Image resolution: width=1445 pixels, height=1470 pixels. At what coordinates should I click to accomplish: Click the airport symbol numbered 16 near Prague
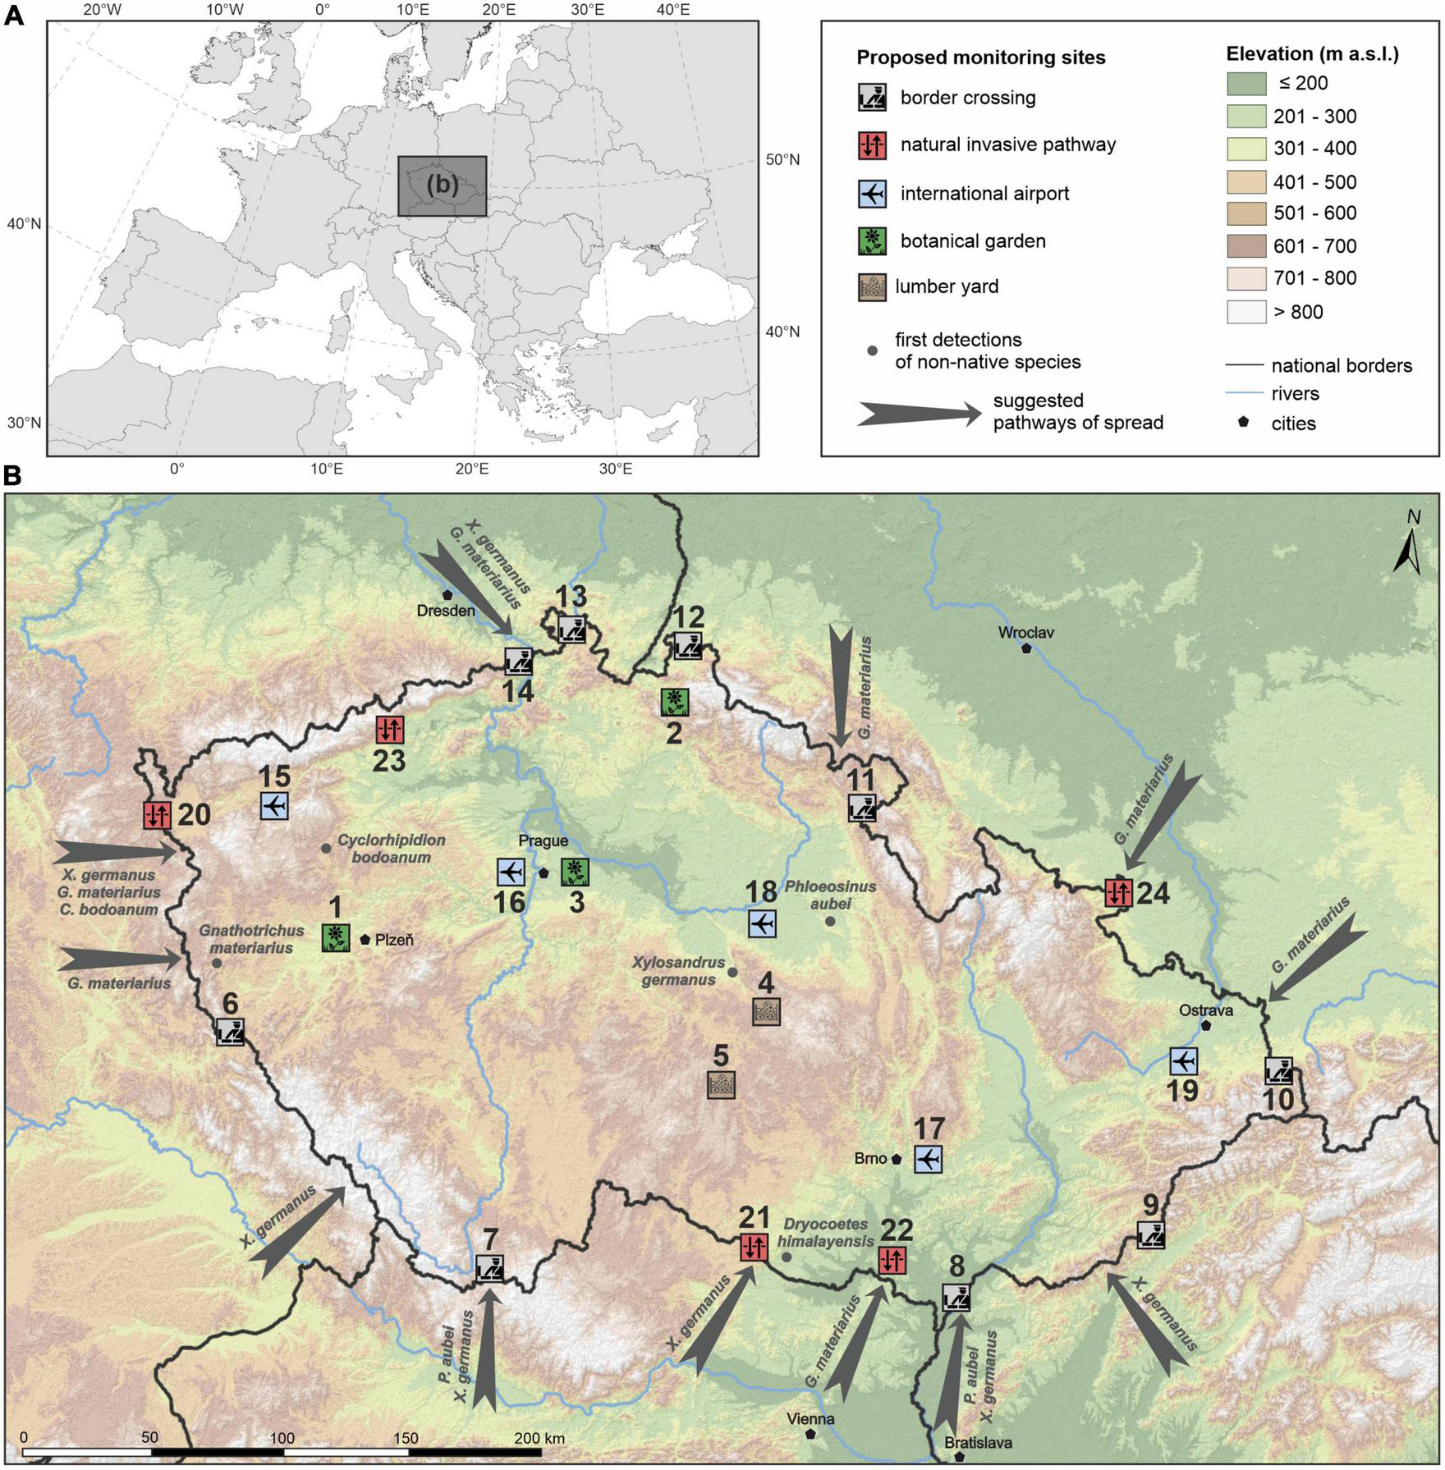(x=511, y=871)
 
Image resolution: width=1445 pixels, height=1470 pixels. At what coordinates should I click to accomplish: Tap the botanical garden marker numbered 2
(x=674, y=701)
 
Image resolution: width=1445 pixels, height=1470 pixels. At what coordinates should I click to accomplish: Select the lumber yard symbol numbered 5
(x=721, y=1085)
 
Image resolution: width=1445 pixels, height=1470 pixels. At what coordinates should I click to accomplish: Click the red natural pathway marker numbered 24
(x=1118, y=892)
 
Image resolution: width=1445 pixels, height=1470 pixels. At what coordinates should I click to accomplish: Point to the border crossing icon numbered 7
(x=489, y=1269)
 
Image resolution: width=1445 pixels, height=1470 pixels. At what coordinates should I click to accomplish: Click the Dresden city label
(x=446, y=611)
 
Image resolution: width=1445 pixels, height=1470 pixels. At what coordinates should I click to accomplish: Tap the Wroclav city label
(x=1025, y=633)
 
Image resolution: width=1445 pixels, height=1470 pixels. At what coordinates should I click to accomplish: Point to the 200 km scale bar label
(x=539, y=1438)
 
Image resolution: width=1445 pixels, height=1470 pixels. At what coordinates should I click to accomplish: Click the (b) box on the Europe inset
(x=443, y=186)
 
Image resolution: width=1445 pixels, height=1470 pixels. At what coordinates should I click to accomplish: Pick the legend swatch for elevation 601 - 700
(x=1246, y=246)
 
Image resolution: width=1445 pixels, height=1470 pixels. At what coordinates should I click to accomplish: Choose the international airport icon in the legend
(x=872, y=194)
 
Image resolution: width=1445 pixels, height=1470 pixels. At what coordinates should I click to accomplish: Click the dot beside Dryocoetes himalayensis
(x=787, y=1257)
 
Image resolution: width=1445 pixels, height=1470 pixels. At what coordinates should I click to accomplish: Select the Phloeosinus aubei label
(x=830, y=895)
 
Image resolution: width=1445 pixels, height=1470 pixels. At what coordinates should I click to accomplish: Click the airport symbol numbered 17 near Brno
(x=928, y=1160)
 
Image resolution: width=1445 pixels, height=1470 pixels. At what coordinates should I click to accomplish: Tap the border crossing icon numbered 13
(x=572, y=630)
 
